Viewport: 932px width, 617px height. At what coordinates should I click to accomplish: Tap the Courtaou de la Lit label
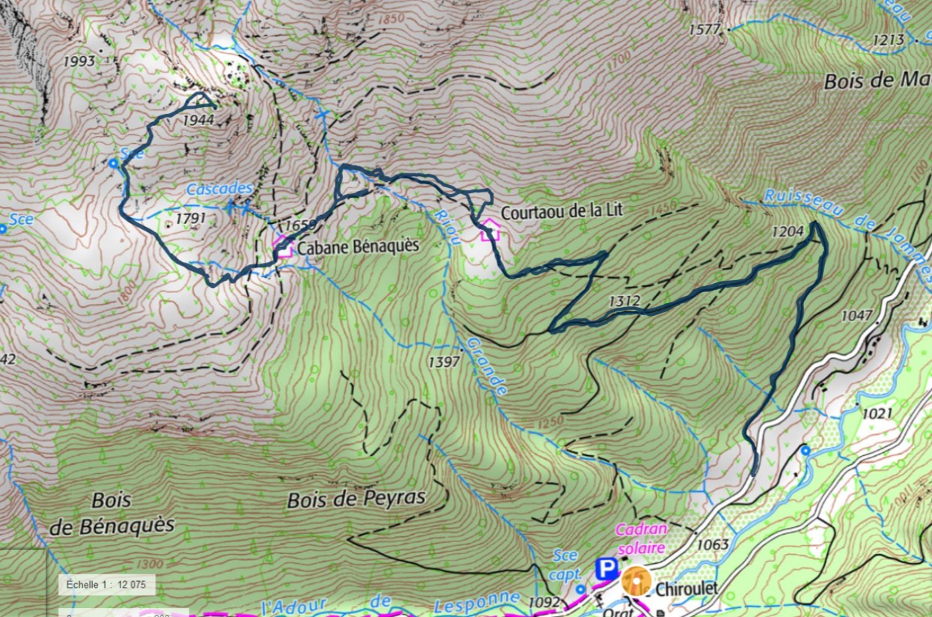pos(561,212)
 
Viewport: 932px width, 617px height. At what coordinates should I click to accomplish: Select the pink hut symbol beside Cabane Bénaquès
pos(281,245)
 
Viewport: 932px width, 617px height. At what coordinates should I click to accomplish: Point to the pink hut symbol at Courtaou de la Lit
pos(490,229)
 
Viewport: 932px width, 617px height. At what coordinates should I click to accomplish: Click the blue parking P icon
pos(606,569)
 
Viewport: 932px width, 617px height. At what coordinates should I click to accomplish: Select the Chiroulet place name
pos(686,589)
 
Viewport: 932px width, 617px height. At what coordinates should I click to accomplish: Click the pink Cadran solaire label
pos(640,539)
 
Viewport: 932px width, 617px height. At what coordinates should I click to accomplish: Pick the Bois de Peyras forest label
pos(356,499)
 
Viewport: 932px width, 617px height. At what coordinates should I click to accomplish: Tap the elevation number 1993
pos(79,61)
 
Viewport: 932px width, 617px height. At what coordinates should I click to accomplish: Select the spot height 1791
pos(190,218)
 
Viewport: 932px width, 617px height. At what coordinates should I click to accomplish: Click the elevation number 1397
pos(443,362)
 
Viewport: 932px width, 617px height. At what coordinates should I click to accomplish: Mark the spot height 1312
pos(624,301)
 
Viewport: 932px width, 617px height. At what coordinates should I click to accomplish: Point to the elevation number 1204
pos(788,232)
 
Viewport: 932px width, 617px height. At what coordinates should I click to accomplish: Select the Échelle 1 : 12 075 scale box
pos(106,584)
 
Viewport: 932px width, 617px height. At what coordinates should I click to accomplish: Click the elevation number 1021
pos(877,413)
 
